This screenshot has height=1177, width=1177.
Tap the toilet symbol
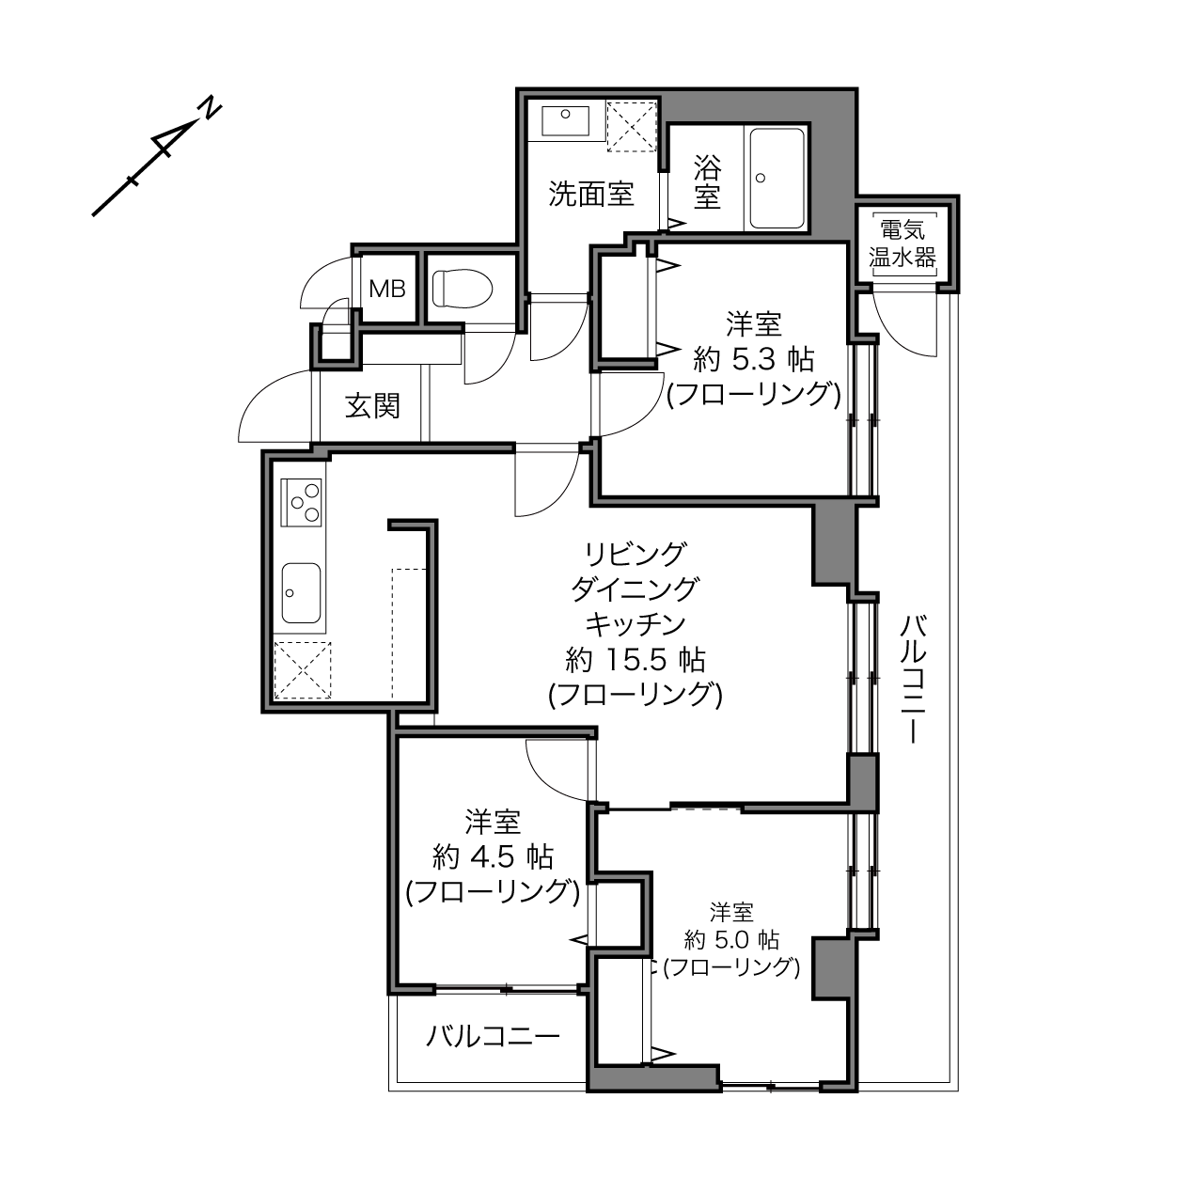click(x=463, y=289)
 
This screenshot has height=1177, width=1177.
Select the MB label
click(x=387, y=289)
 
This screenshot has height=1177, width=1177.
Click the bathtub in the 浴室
click(x=777, y=178)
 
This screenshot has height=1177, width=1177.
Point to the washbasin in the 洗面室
click(x=565, y=121)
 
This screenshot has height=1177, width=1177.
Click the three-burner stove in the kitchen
click(x=301, y=503)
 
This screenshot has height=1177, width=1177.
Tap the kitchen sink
click(x=301, y=593)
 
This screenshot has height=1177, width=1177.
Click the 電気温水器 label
click(x=902, y=244)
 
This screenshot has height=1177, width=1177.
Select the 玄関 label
click(x=372, y=405)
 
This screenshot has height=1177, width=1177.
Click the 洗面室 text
click(x=591, y=195)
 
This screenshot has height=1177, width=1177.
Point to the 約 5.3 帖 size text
click(x=754, y=360)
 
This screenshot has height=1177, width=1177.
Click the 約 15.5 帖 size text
click(x=636, y=660)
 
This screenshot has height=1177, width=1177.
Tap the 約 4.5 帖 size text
click(x=493, y=856)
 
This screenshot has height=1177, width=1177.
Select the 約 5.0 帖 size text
click(x=731, y=940)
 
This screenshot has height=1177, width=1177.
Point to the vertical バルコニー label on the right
click(x=913, y=679)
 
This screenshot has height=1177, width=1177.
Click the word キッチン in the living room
click(x=636, y=623)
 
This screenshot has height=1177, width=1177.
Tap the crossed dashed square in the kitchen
click(x=303, y=670)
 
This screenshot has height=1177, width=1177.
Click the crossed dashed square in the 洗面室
click(x=632, y=127)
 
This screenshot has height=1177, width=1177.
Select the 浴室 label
click(x=707, y=181)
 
